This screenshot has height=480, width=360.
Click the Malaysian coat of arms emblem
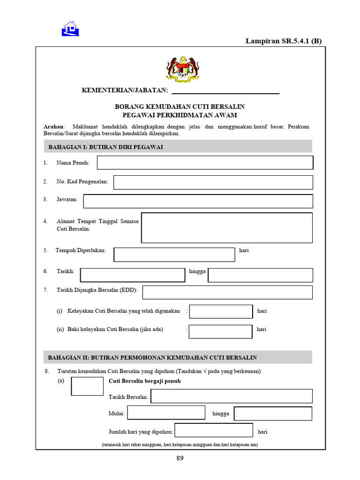click(x=183, y=69)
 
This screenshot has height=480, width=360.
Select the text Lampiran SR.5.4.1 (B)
click(x=284, y=41)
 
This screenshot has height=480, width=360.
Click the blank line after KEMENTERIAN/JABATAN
click(x=225, y=90)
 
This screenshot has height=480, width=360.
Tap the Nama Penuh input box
click(x=205, y=163)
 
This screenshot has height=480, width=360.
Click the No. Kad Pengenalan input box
click(x=213, y=182)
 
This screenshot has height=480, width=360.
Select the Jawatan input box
click(x=198, y=201)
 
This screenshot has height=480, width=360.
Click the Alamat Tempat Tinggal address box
click(x=226, y=228)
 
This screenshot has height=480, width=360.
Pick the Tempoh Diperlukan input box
click(x=174, y=255)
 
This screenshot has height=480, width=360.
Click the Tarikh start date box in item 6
click(x=133, y=275)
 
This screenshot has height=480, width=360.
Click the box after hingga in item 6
click(x=260, y=275)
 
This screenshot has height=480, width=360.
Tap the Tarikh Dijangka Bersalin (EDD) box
click(x=227, y=292)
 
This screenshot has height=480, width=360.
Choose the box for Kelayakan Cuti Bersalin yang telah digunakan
click(x=221, y=311)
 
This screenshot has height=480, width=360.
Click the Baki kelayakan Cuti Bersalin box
click(x=220, y=331)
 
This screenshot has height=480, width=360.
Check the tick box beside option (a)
click(x=87, y=386)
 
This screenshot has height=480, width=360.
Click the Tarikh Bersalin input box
click(x=231, y=396)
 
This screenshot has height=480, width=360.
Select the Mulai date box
click(x=166, y=413)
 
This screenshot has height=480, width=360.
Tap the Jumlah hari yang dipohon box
click(x=214, y=430)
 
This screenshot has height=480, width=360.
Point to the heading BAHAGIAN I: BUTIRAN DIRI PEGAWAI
click(x=105, y=147)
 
